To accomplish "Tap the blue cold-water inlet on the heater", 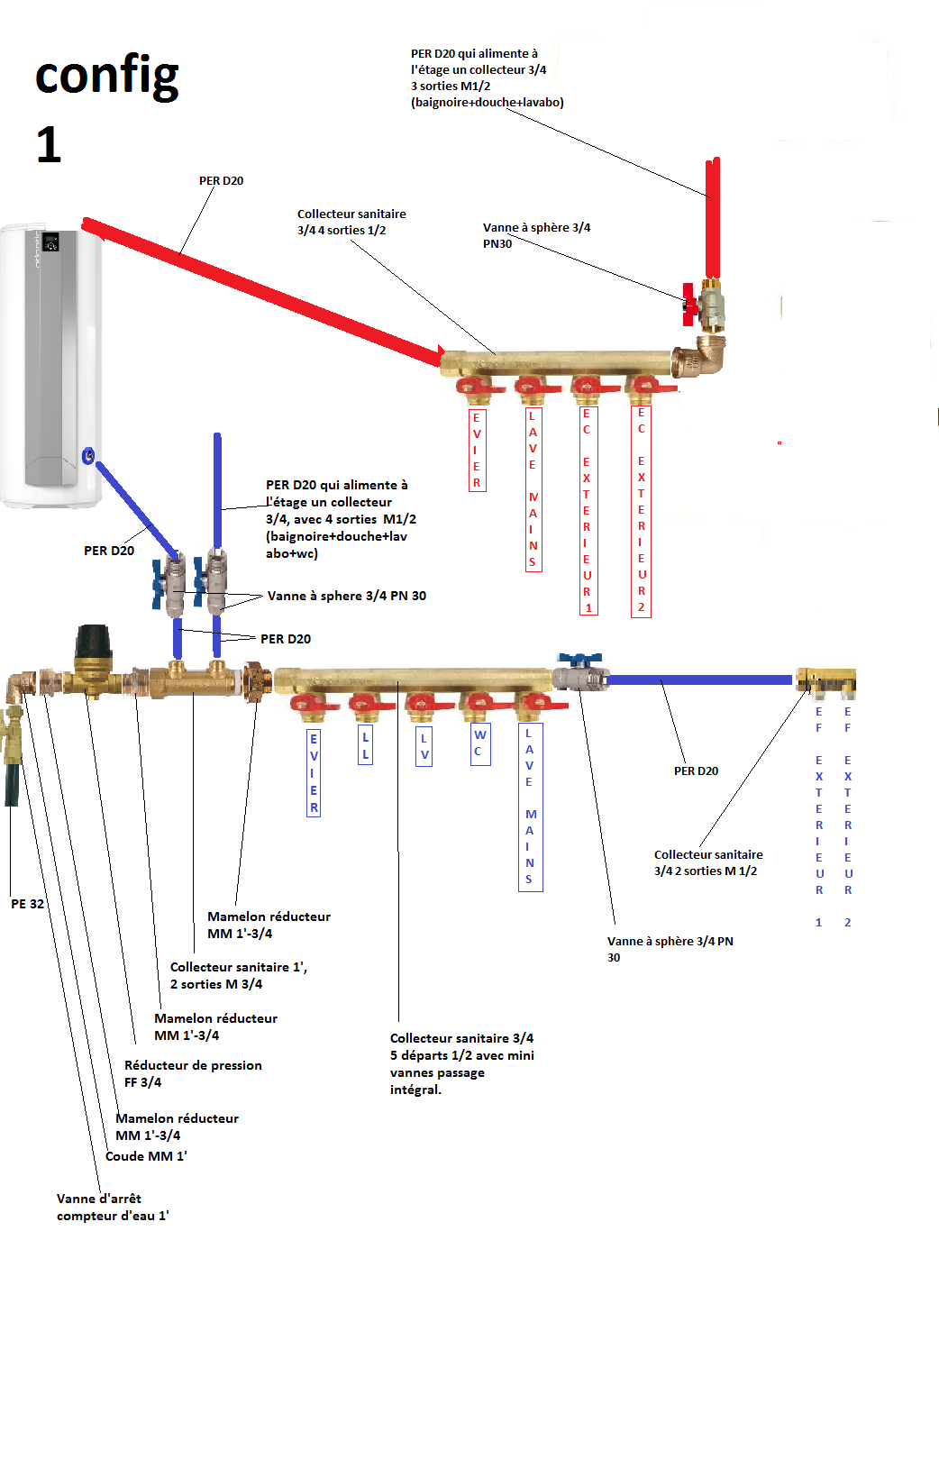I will click(88, 456).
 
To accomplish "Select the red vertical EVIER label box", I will click(477, 450).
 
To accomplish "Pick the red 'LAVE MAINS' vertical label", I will click(533, 489).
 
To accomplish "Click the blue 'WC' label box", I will click(480, 743).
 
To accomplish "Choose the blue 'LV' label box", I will click(424, 746).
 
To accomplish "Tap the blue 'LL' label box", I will click(365, 745).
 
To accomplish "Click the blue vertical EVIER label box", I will click(314, 772).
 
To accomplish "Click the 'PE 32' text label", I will click(27, 904).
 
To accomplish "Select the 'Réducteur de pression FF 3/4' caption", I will click(193, 1073).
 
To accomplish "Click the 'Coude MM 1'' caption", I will click(146, 1156).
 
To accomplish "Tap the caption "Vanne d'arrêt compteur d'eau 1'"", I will click(113, 1207).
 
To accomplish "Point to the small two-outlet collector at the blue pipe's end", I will click(825, 682).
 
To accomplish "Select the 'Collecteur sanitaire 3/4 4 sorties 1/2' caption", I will click(351, 222).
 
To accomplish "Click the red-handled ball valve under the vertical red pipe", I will click(707, 305).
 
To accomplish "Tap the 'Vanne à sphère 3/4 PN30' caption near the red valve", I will click(536, 235).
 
